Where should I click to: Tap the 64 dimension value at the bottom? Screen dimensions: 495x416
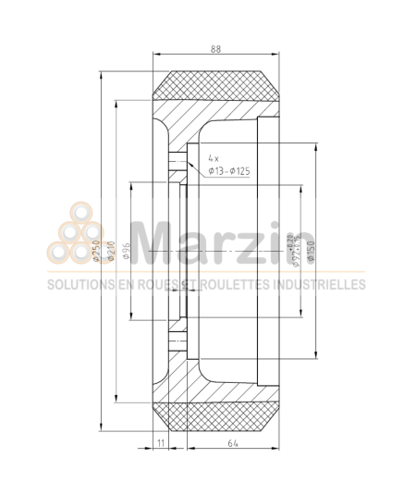[232, 444]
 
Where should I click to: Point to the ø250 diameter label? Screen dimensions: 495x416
[95, 250]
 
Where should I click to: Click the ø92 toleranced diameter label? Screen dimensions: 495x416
[295, 247]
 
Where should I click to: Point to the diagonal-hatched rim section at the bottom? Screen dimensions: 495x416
[176, 375]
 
